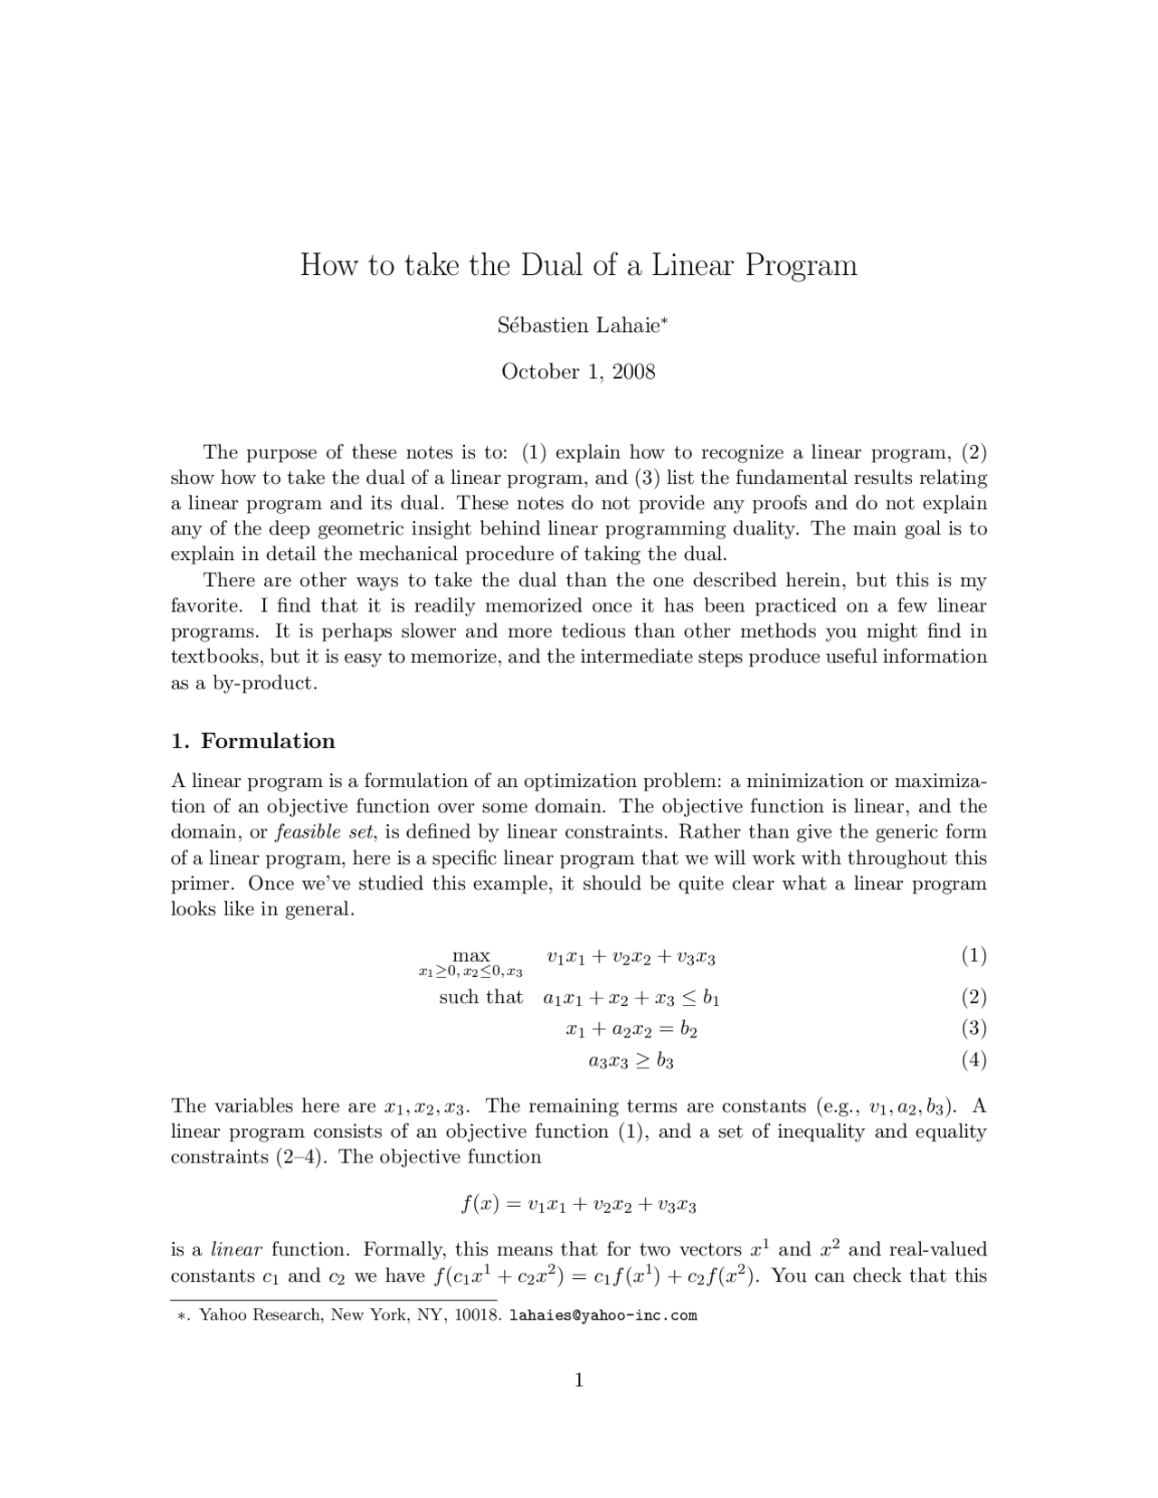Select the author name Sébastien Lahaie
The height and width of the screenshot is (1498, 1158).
click(x=579, y=325)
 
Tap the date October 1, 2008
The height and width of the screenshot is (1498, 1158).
click(x=578, y=372)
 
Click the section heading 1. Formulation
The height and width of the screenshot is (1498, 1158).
click(x=253, y=741)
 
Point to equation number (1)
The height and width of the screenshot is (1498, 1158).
click(x=973, y=955)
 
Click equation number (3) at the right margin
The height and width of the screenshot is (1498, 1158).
click(x=973, y=1028)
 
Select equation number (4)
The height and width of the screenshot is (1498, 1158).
click(x=973, y=1059)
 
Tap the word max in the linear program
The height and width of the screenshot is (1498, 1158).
click(x=470, y=955)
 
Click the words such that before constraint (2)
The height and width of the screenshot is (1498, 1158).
click(x=480, y=997)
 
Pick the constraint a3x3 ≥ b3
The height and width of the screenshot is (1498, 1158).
click(x=631, y=1060)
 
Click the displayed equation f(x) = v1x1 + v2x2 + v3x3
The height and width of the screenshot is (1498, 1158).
click(x=578, y=1204)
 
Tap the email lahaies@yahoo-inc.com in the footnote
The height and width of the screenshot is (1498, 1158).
click(x=603, y=1315)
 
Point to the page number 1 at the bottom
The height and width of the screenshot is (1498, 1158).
click(x=579, y=1379)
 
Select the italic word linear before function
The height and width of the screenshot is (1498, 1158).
click(x=236, y=1250)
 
